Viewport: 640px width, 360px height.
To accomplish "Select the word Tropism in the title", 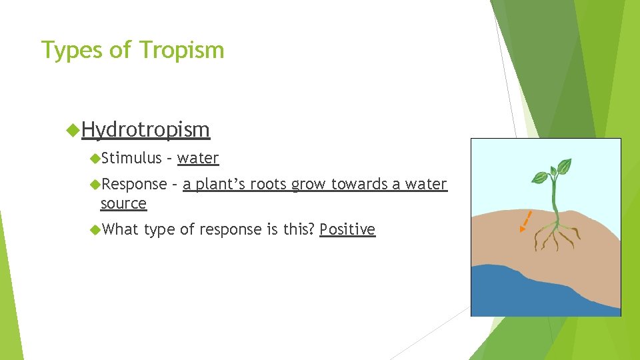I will coord(182,50).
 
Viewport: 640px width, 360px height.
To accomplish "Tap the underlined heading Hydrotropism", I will coord(145,129).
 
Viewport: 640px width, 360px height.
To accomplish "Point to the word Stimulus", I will coord(131,158).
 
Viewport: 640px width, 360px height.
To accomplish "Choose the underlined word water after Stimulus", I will coord(198,158).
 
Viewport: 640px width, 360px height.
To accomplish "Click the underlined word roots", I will coord(269,184).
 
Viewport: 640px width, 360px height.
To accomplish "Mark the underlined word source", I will coord(123,203).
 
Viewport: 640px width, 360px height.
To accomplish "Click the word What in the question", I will coord(120,229).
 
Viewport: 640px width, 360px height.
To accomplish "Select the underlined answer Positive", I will coord(347,229).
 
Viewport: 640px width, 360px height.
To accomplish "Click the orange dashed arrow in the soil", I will coord(525,221).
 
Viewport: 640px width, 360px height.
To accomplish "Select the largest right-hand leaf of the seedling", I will coord(564,166).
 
